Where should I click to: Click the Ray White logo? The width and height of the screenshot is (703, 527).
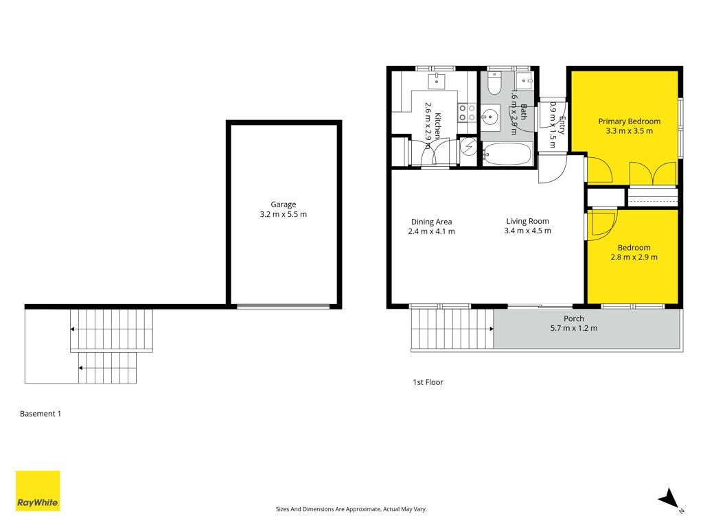(38, 491)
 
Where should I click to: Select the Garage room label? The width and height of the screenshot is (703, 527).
(284, 204)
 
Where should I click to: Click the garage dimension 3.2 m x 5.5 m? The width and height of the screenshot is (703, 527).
(284, 214)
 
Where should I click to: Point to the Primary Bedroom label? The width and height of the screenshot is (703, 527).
(630, 121)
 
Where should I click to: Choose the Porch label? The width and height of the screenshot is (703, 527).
(574, 318)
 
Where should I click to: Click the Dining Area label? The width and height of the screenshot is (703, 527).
(431, 222)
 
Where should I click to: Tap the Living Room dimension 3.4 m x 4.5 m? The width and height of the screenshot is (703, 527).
(528, 231)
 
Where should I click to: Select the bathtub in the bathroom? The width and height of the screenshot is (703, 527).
(507, 154)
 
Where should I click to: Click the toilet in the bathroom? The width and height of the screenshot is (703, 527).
(494, 84)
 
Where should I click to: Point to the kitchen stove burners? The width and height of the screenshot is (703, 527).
(467, 113)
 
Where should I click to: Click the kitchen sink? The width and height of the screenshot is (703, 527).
(436, 81)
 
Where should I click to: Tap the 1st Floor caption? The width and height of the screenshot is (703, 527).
(428, 382)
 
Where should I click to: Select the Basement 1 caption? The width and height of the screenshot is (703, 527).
(41, 414)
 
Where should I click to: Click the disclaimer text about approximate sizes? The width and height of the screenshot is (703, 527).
(351, 509)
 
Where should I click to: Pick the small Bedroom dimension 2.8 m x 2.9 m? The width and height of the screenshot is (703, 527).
(634, 257)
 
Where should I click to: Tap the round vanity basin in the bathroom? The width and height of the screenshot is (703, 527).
(490, 117)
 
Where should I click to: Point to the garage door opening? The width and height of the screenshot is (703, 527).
(284, 307)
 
